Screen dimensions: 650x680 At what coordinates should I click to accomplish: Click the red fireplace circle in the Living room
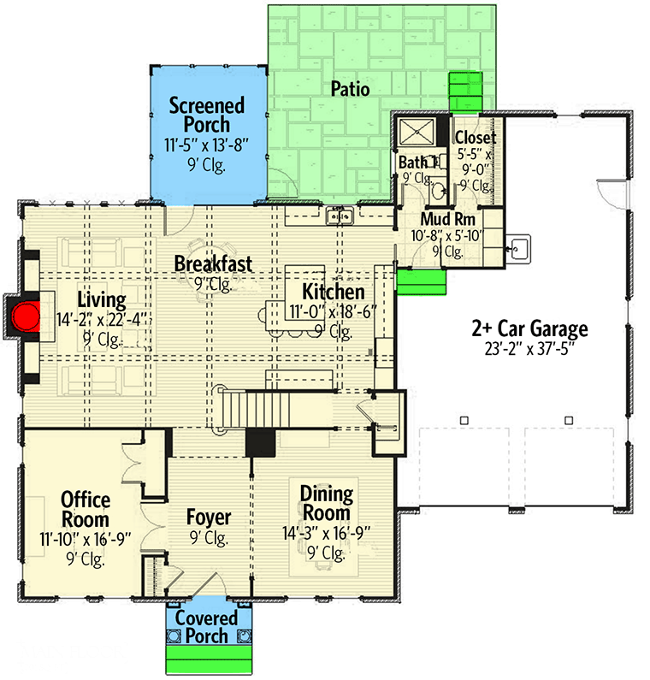[26, 317]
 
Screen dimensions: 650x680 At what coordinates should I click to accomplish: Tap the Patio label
[350, 89]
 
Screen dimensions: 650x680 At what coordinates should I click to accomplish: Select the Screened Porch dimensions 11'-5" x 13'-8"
[207, 145]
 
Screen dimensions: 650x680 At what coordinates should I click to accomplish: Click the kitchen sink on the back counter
[340, 216]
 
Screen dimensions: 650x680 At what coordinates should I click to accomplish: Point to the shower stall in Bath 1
[417, 132]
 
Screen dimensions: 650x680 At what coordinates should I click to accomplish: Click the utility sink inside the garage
[518, 249]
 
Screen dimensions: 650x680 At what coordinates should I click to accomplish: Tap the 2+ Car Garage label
[530, 328]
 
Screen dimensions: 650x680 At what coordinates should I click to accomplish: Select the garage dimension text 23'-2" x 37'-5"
[530, 348]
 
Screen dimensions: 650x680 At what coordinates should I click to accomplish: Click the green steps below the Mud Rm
[422, 282]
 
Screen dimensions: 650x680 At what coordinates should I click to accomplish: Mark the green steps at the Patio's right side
[465, 91]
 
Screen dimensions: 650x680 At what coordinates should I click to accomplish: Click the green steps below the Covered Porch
[209, 659]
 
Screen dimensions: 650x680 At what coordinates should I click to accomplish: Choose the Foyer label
[209, 517]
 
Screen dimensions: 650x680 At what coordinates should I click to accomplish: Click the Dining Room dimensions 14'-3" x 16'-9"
[327, 534]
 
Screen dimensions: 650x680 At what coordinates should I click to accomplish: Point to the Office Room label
[86, 510]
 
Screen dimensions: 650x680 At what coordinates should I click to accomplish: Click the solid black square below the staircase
[260, 443]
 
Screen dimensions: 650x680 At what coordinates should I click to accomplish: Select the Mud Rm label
[448, 219]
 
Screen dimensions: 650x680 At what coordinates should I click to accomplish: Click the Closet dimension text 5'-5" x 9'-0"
[476, 162]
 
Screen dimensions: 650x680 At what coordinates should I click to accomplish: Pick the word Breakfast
[213, 264]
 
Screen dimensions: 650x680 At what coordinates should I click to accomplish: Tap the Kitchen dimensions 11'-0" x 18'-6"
[333, 312]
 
